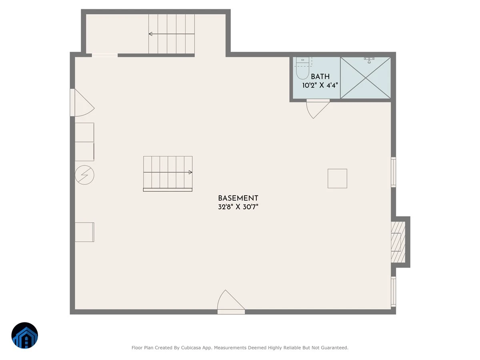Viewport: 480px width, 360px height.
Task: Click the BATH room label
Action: tap(320, 76)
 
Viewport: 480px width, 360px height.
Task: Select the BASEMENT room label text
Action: tap(238, 198)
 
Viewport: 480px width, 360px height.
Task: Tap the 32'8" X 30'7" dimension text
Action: tap(238, 207)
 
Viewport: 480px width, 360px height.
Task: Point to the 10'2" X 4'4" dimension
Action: tap(320, 85)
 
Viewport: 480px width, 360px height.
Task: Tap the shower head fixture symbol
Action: tap(369, 60)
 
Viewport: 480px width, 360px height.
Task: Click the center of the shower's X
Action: tap(366, 78)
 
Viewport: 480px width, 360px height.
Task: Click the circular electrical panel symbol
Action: tap(85, 175)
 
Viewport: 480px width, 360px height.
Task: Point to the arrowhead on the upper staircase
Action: tap(150, 34)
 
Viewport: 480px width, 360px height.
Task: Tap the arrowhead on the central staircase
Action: tap(190, 172)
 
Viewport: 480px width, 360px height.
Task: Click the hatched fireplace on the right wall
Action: tap(398, 242)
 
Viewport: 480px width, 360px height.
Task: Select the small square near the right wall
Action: tap(337, 178)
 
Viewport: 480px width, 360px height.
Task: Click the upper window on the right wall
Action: tap(394, 172)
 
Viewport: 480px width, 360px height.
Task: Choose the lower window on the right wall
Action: tap(394, 292)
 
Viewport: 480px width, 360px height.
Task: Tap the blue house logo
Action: tap(25, 335)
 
